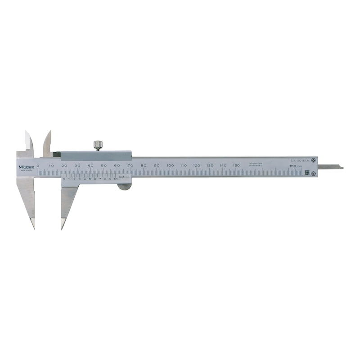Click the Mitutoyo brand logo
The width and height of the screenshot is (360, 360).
(x=26, y=167)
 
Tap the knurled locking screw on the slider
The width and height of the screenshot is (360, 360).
(x=97, y=145)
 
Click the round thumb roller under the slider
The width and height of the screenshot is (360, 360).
(x=122, y=184)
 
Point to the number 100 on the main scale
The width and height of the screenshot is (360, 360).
(x=170, y=166)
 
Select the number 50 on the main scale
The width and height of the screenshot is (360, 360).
(x=104, y=166)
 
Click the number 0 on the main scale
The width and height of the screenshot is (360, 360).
(x=38, y=166)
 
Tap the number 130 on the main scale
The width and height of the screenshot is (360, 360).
(x=210, y=166)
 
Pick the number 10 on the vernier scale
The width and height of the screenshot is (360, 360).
(x=116, y=179)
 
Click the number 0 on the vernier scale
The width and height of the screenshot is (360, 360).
(x=64, y=179)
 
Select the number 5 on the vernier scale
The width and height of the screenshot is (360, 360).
(x=90, y=179)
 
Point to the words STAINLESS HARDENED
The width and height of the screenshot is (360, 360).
(x=256, y=164)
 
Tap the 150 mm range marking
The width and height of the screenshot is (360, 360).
(x=295, y=166)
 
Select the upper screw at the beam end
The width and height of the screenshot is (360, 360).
(x=313, y=159)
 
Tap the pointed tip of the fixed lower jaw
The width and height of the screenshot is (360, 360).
(x=33, y=227)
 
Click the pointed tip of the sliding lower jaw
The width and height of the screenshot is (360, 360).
(x=63, y=227)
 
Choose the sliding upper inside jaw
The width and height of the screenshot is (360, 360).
(x=47, y=142)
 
